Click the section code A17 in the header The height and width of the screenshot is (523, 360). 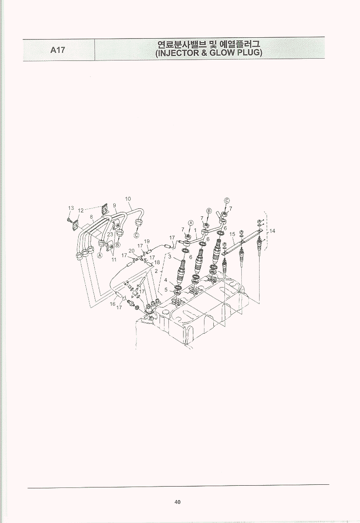[58, 50]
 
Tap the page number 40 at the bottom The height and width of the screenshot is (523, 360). [177, 502]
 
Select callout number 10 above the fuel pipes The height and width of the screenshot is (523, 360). [128, 199]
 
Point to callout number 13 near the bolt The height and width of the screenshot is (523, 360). [71, 208]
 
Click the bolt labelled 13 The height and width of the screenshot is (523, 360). [68, 220]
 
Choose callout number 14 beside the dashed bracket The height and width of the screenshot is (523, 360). [272, 231]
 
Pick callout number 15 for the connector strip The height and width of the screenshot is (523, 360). [232, 235]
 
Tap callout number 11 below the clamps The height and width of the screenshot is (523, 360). [114, 260]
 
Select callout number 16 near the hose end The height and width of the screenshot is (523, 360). [113, 304]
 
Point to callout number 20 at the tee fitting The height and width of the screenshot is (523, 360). [132, 251]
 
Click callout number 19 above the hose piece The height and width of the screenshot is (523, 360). [147, 241]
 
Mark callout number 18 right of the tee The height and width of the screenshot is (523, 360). [157, 262]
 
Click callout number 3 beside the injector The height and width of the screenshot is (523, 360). [169, 256]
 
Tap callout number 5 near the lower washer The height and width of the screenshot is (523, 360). [166, 290]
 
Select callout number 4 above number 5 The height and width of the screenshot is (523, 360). [166, 280]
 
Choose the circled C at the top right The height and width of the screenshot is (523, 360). [227, 200]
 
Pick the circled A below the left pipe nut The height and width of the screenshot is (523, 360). [100, 256]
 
